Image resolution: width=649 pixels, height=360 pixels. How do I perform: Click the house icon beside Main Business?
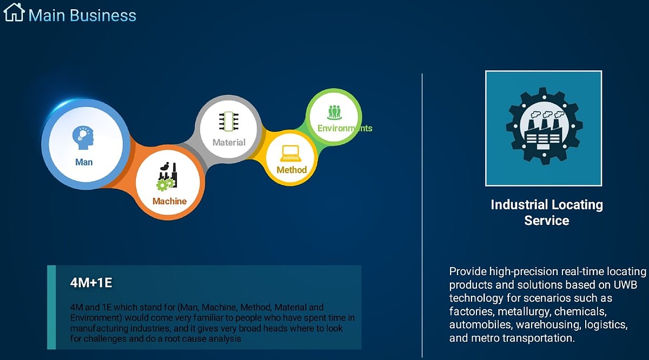click(14, 12)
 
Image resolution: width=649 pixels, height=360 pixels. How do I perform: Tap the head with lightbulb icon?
click(83, 138)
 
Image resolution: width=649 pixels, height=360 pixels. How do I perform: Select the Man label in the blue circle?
click(84, 162)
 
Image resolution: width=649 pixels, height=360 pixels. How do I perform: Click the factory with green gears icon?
click(167, 177)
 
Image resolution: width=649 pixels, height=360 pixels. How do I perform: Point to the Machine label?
click(169, 201)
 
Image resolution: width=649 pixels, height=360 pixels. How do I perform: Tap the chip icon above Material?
click(229, 122)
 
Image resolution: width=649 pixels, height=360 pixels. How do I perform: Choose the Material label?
click(229, 143)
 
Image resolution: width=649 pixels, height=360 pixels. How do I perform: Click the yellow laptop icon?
click(290, 154)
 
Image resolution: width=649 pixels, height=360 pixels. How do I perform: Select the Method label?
click(292, 170)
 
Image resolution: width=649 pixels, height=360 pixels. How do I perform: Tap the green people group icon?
click(334, 112)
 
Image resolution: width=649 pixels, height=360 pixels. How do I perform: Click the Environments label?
click(345, 128)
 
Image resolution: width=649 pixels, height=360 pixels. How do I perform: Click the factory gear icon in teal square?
click(544, 126)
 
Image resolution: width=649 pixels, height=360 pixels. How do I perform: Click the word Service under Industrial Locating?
click(547, 221)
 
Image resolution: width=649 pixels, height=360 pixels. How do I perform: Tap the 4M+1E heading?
click(91, 283)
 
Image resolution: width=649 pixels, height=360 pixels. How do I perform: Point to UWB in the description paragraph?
click(625, 285)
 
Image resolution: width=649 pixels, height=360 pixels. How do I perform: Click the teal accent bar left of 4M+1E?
click(51, 307)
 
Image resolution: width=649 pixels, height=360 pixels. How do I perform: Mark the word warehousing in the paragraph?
click(548, 325)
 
